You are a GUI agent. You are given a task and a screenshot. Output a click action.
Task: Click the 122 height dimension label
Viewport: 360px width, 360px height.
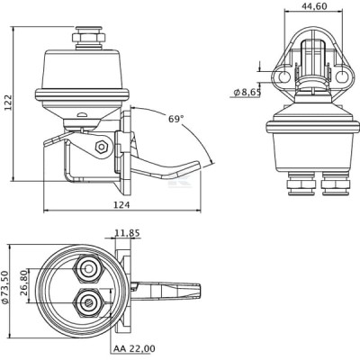(x=9, y=103)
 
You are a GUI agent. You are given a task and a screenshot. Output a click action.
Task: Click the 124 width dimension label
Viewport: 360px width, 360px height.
(x=121, y=205)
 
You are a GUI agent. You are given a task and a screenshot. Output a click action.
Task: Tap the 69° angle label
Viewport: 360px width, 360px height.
(x=175, y=119)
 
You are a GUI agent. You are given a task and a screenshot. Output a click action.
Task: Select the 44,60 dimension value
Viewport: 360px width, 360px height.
(x=314, y=6)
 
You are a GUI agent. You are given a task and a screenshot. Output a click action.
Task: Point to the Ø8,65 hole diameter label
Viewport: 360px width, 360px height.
(x=247, y=93)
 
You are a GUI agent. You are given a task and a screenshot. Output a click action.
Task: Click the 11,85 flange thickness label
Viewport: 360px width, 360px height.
(x=128, y=233)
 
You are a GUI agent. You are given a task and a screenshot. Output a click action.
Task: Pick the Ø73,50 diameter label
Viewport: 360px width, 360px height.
(x=5, y=288)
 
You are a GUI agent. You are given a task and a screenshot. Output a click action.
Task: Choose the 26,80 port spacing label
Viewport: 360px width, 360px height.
(x=24, y=283)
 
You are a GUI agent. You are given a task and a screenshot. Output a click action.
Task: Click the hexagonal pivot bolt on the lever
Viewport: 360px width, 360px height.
(x=102, y=146)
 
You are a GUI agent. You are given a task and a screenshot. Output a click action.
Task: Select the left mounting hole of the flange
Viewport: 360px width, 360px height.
(x=283, y=76)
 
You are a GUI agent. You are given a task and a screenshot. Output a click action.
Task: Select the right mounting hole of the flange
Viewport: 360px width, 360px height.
(x=341, y=76)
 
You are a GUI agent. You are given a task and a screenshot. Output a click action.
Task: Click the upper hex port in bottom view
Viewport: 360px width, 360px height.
(x=88, y=268)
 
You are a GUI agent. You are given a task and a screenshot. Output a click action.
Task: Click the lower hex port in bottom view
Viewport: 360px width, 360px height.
(x=89, y=302)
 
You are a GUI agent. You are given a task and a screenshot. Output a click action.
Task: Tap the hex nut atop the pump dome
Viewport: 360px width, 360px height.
(x=88, y=38)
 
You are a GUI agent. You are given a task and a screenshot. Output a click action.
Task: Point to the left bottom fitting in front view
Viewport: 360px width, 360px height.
(x=301, y=184)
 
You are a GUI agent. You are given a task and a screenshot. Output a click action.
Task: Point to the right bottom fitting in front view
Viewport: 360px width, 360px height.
(x=336, y=184)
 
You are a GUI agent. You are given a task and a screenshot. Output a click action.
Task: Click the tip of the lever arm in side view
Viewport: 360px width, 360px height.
(x=198, y=165)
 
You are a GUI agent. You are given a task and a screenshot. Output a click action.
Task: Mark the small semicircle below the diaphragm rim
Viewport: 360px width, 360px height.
(x=82, y=114)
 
